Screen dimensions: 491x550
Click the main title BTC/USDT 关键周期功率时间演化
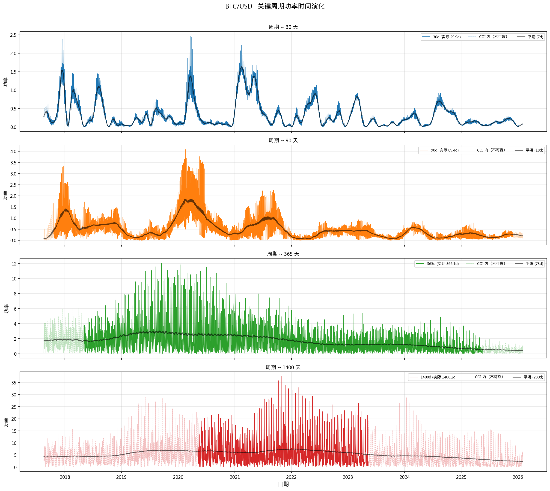coord(275,6)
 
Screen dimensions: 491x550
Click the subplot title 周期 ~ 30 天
coord(283,27)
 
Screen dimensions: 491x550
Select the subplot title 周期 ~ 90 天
coord(283,140)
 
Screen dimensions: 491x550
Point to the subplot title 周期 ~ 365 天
coord(283,254)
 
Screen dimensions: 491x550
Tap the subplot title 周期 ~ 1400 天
coord(283,367)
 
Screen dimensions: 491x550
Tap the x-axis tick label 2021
coord(235,477)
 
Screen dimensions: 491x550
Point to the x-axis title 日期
coord(283,484)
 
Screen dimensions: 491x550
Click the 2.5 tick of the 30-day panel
coord(13,35)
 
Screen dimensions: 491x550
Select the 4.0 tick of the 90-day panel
coord(13,151)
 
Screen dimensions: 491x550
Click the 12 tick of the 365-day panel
coord(14,264)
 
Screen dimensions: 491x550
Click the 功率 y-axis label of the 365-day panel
coord(6,308)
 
